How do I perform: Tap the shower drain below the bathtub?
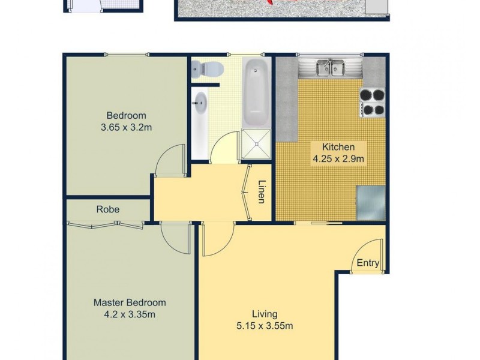tap(256, 144)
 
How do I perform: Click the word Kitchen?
tap(338, 147)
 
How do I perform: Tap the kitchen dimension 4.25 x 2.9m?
tap(338, 159)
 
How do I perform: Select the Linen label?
tap(262, 192)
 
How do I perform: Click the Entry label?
tap(368, 263)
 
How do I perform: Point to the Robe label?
tap(108, 210)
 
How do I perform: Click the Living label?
tap(264, 314)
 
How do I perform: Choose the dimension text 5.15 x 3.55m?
tap(264, 326)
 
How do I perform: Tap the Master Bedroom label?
tap(130, 302)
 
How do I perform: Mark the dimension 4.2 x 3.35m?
tap(130, 314)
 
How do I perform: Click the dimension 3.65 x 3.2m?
tap(126, 127)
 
